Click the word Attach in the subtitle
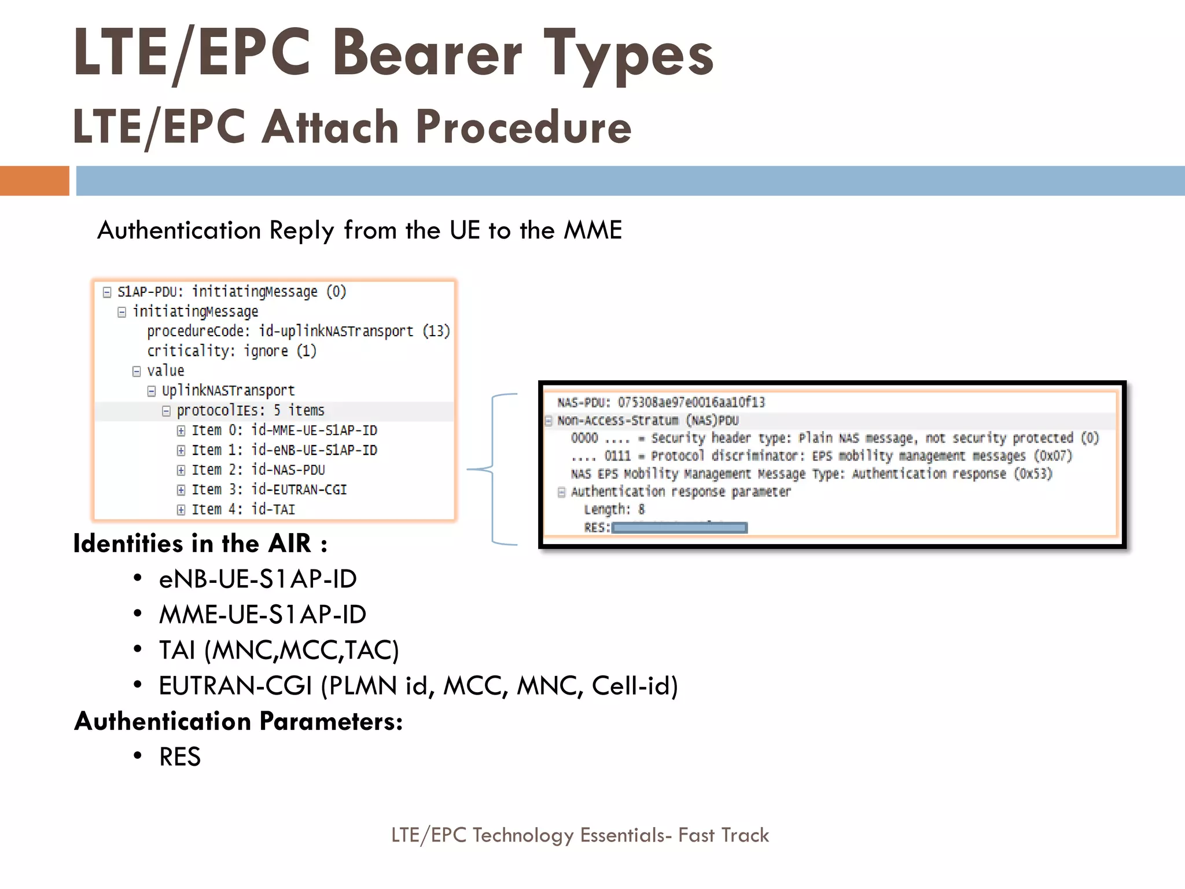pos(330,127)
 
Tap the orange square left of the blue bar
pos(34,181)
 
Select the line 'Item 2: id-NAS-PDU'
pos(258,469)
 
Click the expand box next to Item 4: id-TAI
pos(181,510)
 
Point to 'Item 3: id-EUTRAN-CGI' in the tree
pos(269,490)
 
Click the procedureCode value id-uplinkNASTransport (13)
pos(354,331)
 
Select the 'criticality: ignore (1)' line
pos(231,351)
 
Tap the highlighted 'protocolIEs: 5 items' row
pos(250,410)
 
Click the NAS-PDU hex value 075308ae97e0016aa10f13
pos(691,402)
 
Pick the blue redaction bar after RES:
pos(679,528)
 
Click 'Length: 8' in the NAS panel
pos(614,510)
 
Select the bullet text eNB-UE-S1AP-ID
pos(257,579)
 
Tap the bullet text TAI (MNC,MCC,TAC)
pos(279,650)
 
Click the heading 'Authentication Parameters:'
pos(238,721)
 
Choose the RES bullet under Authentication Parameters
pos(180,757)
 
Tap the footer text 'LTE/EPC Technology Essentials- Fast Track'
pos(580,835)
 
